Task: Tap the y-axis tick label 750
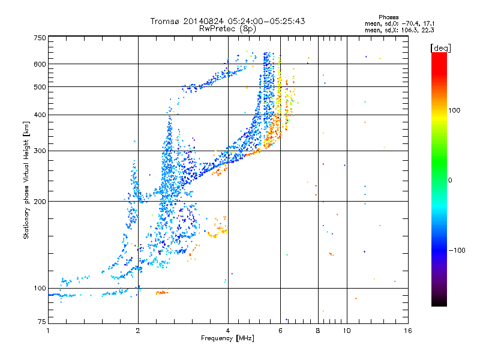(x=40, y=38)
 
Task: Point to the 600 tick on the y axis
(x=40, y=64)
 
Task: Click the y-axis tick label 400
(x=40, y=115)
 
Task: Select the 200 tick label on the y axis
(x=40, y=202)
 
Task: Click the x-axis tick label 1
(x=48, y=331)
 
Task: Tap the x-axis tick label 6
(x=280, y=331)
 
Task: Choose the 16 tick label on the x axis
(x=408, y=331)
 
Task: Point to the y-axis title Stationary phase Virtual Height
(x=26, y=180)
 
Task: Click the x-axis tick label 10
(x=347, y=331)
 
